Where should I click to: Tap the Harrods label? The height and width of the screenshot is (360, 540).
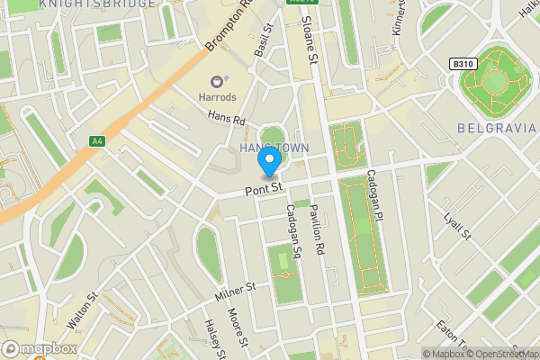click(x=217, y=96)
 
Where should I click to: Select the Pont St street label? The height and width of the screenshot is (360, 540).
click(x=265, y=189)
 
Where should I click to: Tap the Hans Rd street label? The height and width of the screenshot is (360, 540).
click(x=226, y=118)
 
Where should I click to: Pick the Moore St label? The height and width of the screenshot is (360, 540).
click(x=238, y=329)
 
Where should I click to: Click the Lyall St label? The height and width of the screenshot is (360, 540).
click(x=458, y=226)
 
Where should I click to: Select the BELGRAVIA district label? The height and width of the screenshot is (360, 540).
click(x=496, y=129)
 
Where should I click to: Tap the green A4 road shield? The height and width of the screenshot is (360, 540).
click(x=97, y=140)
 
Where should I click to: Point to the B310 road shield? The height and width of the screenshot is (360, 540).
click(x=463, y=64)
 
